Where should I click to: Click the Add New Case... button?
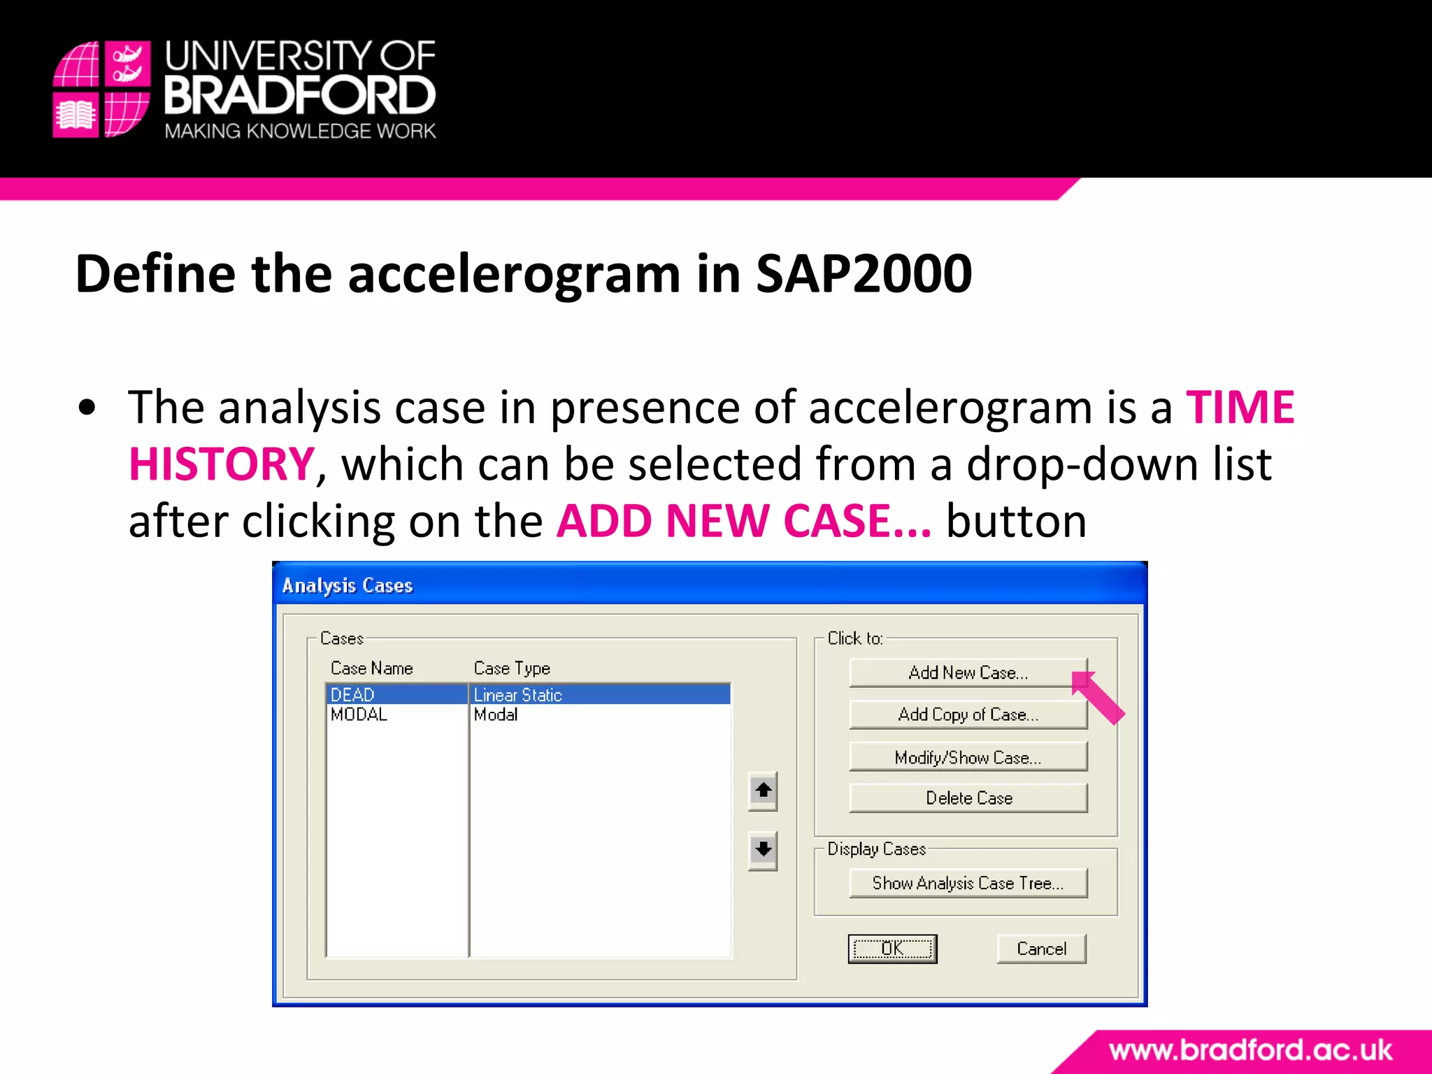968,673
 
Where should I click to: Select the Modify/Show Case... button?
968,757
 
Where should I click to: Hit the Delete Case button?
968,798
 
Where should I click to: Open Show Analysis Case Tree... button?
968,883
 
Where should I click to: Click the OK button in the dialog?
892,949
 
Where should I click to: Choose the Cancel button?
1041,949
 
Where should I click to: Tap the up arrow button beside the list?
763,791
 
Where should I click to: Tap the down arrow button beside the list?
763,850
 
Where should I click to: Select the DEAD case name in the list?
353,694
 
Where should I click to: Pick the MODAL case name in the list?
359,715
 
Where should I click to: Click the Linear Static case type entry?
518,694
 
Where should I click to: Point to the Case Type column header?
512,668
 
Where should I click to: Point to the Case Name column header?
371,668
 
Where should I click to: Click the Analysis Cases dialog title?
348,585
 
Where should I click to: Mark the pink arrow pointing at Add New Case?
1098,698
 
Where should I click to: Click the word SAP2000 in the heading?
864,273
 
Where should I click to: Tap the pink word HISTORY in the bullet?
222,464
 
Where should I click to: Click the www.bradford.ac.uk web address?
1250,1050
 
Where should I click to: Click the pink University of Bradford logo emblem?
101,89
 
